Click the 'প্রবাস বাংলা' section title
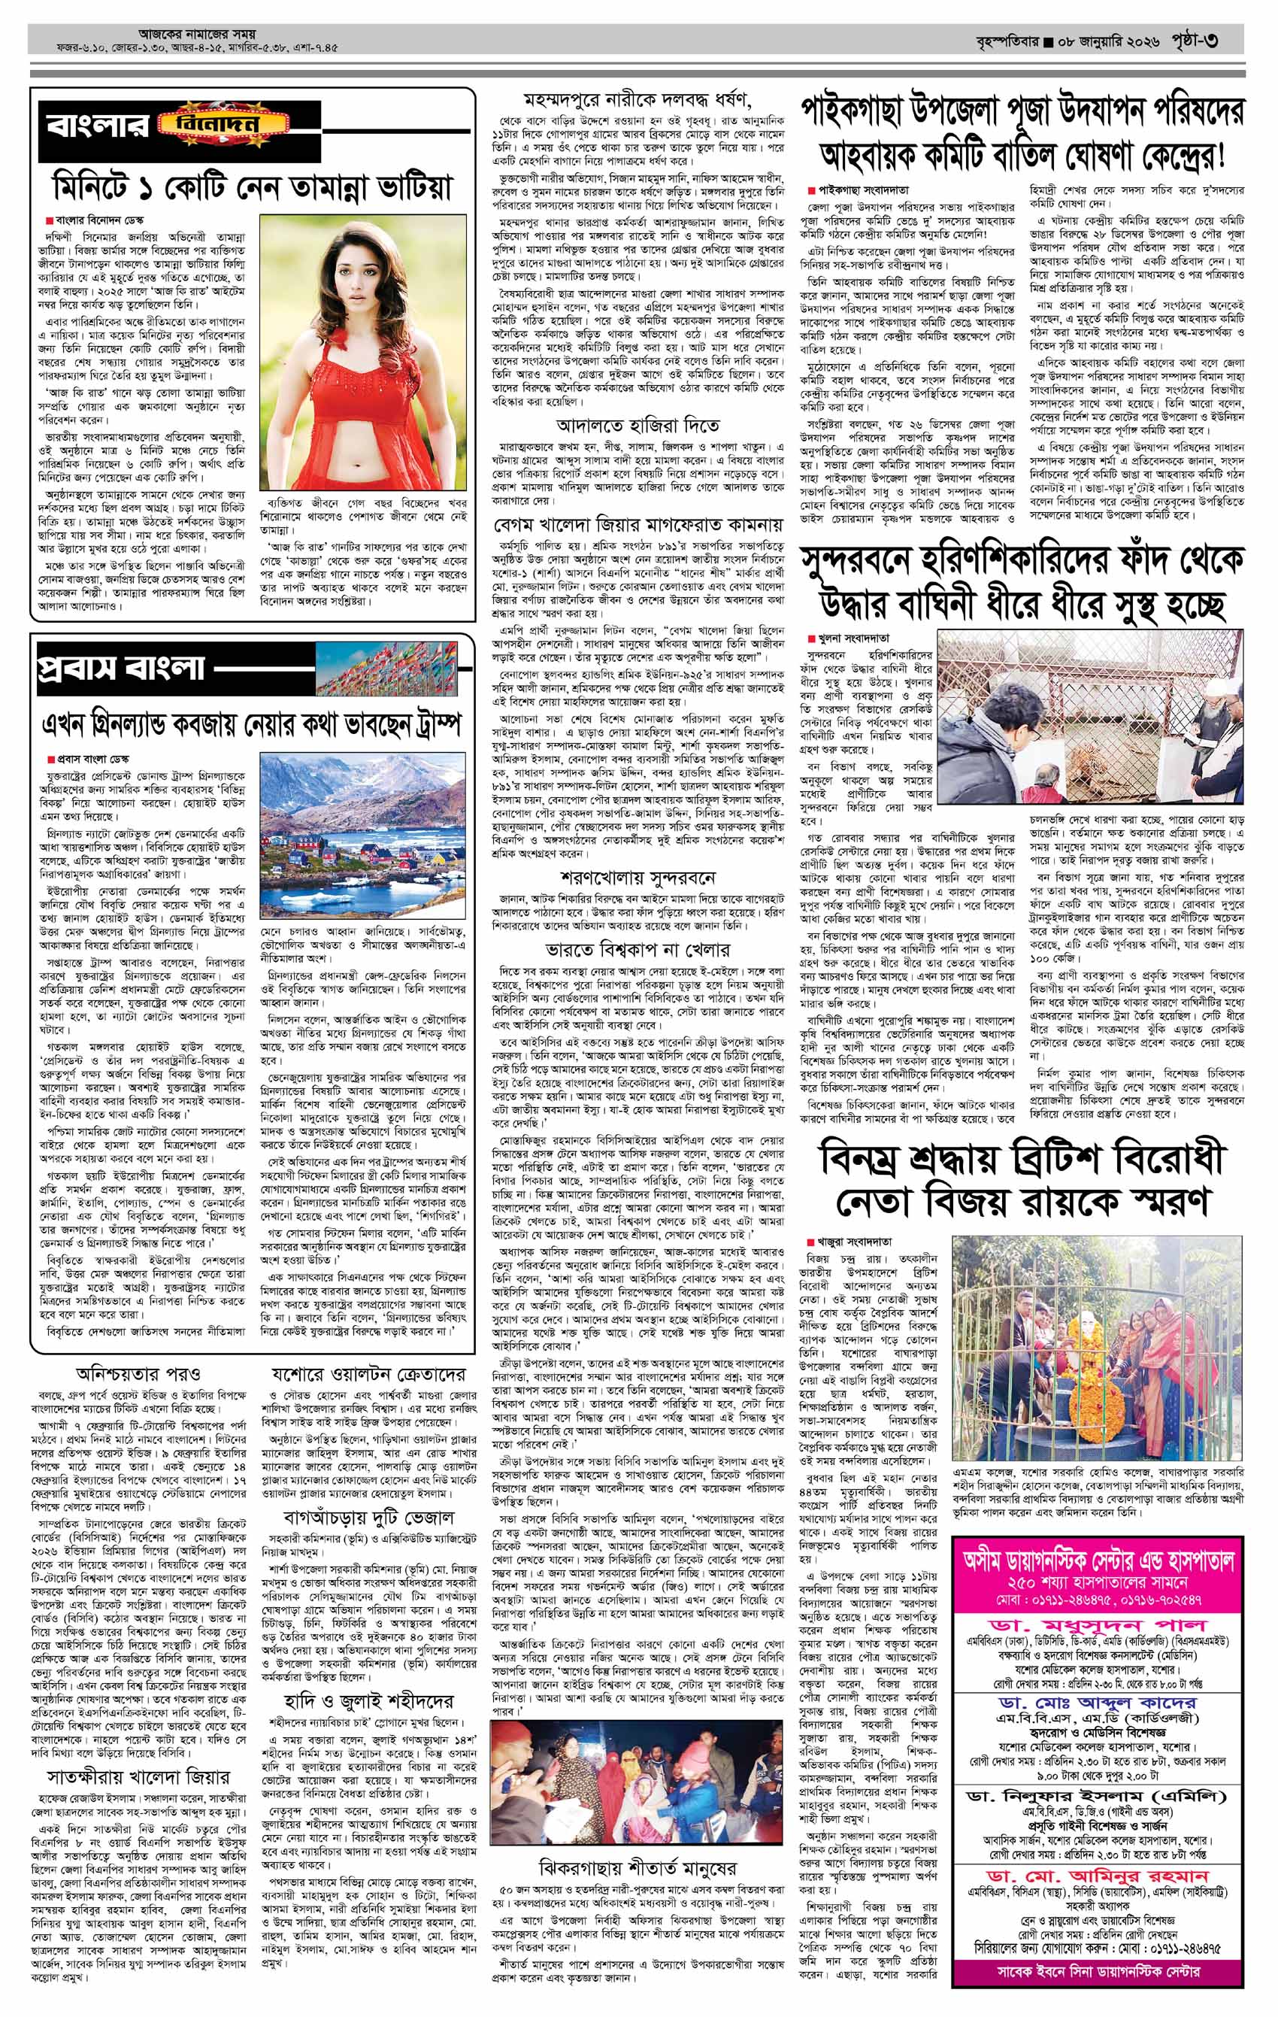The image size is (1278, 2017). pos(122,667)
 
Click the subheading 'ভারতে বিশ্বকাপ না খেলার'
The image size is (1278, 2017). pos(637,949)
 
